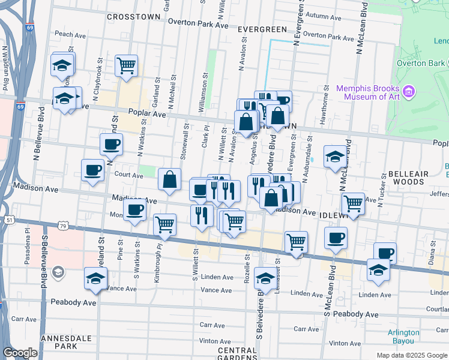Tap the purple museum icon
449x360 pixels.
[409, 92]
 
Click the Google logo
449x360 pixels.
[20, 353]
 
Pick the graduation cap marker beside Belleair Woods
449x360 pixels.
[335, 157]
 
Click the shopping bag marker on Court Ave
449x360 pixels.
[170, 179]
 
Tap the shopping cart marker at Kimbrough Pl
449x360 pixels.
[164, 224]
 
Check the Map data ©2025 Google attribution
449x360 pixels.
[411, 355]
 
